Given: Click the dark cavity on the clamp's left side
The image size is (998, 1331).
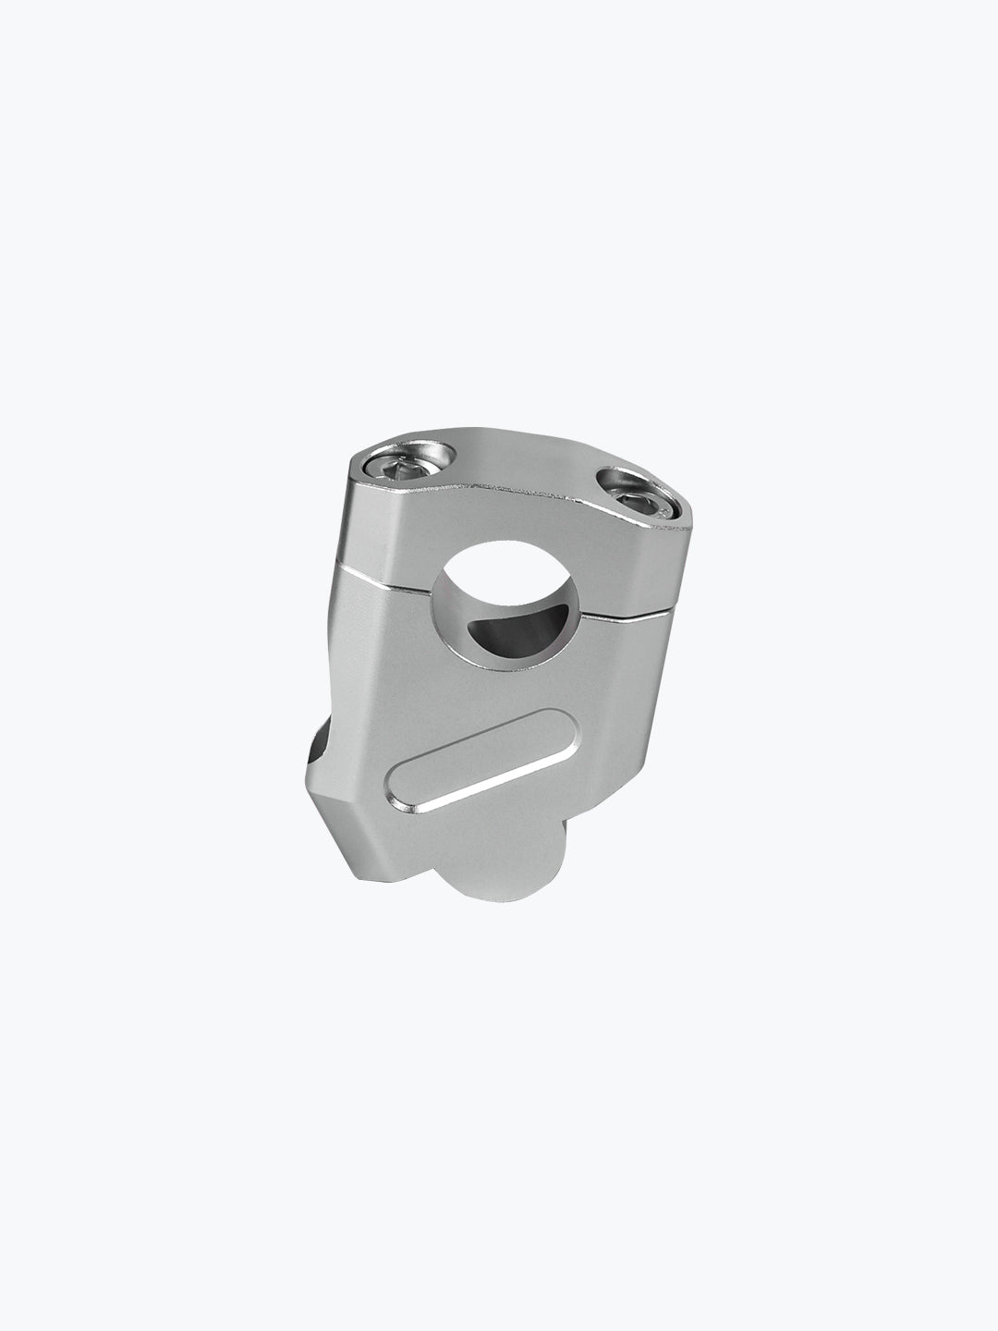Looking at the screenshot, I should tap(315, 746).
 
